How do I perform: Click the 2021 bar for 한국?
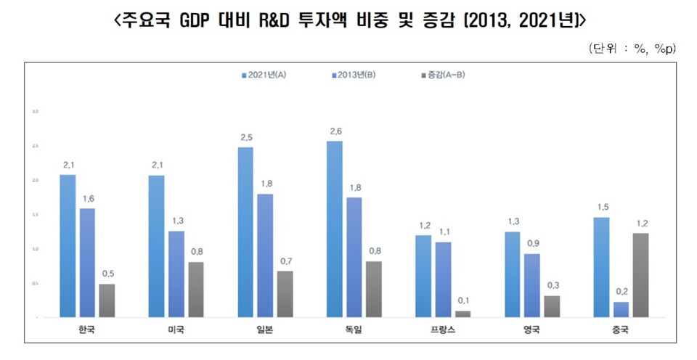click(x=67, y=246)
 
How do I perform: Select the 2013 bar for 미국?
click(x=176, y=274)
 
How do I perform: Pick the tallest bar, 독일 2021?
click(x=335, y=229)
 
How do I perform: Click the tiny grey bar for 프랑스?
click(x=463, y=314)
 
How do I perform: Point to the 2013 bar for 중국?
click(x=621, y=309)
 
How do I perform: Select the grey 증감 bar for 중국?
click(x=640, y=274)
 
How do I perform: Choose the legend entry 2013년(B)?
click(x=353, y=75)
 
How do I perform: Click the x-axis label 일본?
click(x=265, y=330)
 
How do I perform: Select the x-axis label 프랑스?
click(x=444, y=330)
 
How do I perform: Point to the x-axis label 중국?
click(x=621, y=330)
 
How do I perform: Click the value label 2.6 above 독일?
click(x=335, y=131)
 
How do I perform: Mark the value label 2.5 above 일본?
click(x=246, y=136)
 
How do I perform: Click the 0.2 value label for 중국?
click(x=621, y=292)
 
